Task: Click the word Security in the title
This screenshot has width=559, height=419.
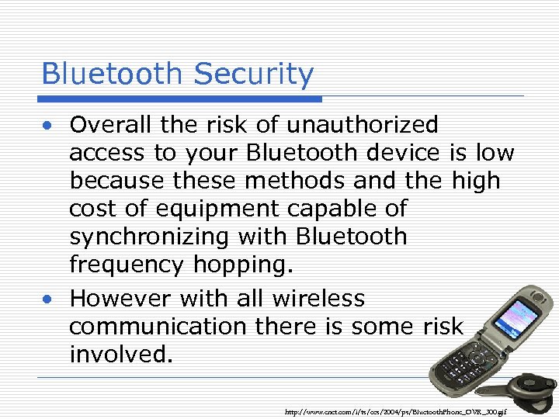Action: coord(254,74)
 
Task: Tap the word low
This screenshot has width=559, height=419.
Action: coord(495,153)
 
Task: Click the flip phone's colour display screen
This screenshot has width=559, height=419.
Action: coord(516,324)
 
